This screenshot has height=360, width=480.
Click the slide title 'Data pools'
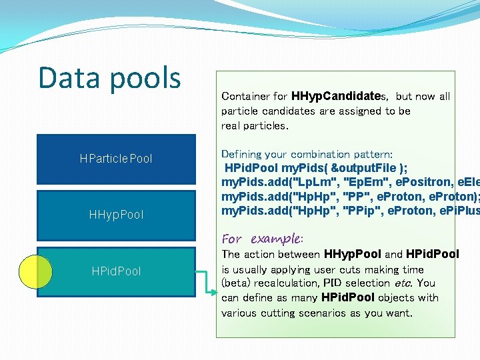pos(109,77)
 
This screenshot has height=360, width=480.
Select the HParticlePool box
pos(116,159)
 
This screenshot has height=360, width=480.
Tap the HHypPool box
pos(116,215)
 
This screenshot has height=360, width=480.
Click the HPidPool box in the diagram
pos(116,271)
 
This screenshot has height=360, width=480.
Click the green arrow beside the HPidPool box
pos(207,280)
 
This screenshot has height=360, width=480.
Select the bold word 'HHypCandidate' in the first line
pos(330,97)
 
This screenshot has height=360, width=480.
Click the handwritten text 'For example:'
pos(262,239)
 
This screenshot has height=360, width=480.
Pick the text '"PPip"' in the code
pos(362,211)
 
